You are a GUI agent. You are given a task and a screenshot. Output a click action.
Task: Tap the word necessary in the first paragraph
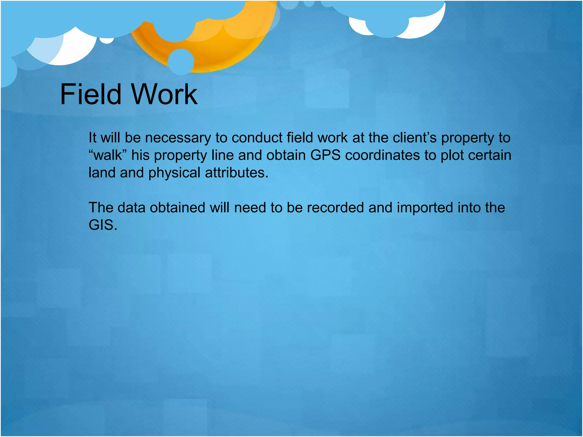click(x=178, y=138)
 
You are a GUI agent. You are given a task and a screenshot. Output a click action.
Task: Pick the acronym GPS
click(x=325, y=155)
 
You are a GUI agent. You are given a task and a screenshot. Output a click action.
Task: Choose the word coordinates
click(x=382, y=155)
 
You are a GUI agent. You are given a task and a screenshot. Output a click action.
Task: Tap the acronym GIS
click(x=103, y=225)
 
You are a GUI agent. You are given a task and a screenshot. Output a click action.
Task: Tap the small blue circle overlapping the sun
click(x=181, y=61)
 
